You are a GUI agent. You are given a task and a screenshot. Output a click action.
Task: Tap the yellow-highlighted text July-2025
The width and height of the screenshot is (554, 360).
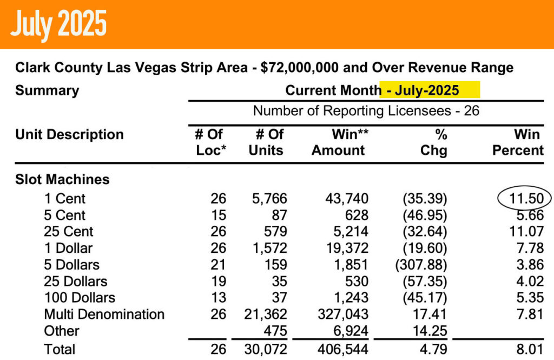[430, 90]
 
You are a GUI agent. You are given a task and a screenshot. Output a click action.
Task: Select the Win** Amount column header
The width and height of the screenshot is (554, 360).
[340, 142]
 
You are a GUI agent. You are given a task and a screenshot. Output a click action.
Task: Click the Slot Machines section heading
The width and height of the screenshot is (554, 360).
[62, 179]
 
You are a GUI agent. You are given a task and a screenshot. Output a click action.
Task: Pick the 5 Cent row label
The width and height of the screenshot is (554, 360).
[64, 215]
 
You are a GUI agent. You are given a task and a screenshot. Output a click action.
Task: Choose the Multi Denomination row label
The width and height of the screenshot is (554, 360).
[104, 315]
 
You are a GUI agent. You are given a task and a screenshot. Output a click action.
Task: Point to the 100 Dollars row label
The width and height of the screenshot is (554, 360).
[80, 298]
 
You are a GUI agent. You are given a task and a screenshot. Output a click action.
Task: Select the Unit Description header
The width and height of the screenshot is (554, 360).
[69, 134]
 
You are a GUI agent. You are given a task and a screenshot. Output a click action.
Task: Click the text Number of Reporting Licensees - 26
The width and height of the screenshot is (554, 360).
[366, 112]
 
